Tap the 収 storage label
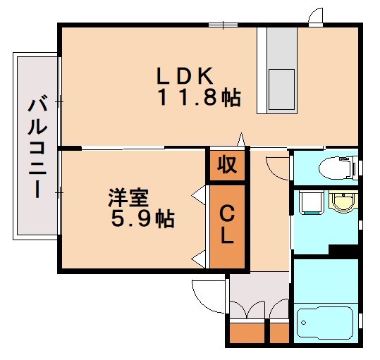pos(226,165)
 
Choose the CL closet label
pos(226,225)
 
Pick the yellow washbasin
pos(343,203)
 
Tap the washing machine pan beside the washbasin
pos(309,202)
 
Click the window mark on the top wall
pos(222,25)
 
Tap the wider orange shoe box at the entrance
pos(247,333)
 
